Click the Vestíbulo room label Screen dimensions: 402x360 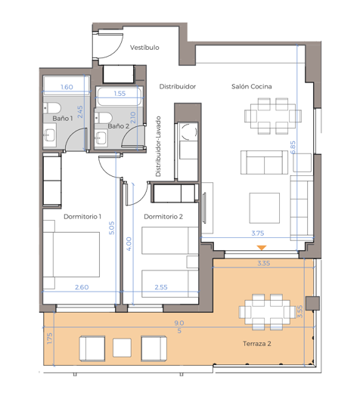coord(144,47)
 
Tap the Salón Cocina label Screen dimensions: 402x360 coord(252,87)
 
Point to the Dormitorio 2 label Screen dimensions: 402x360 coord(163,217)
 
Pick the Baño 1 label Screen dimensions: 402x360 coord(63,119)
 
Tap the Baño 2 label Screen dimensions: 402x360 coord(118,126)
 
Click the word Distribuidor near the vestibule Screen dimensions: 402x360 coord(178,87)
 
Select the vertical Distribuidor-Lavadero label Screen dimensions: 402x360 coord(159,147)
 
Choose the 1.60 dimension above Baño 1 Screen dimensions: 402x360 coord(66,87)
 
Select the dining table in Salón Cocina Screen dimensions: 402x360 coord(268,116)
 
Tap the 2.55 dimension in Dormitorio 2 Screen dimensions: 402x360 coord(161,287)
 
